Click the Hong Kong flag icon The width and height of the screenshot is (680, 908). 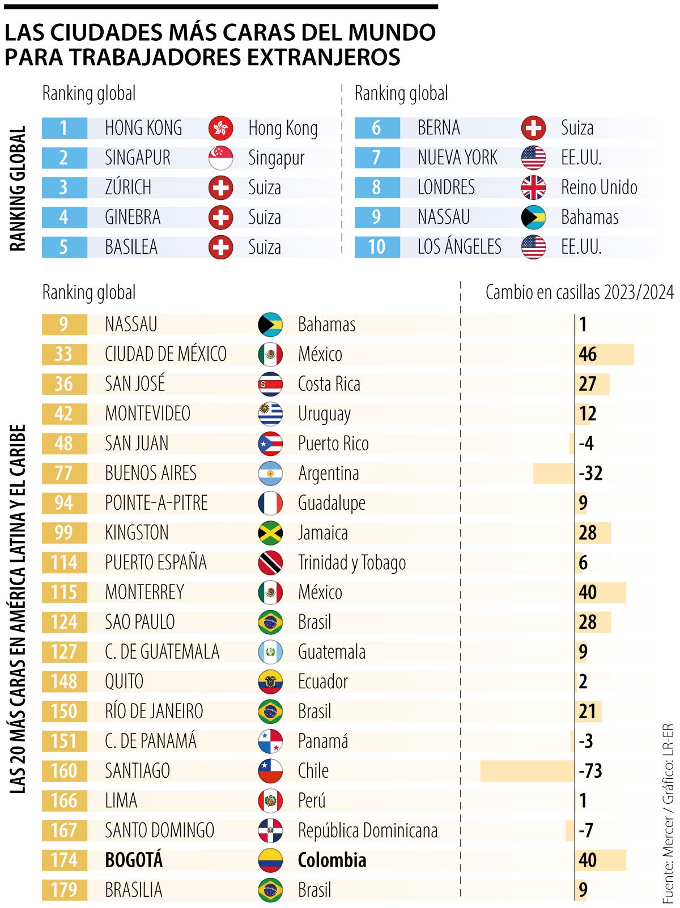click(220, 128)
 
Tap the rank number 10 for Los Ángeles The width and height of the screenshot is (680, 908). click(377, 247)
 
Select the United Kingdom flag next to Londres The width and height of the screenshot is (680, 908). click(533, 187)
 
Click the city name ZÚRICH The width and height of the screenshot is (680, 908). click(128, 187)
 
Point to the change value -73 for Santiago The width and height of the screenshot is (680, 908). click(590, 771)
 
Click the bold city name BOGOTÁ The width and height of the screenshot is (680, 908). click(134, 860)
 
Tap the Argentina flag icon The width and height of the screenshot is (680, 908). click(270, 474)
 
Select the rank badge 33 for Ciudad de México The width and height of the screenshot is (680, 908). click(64, 354)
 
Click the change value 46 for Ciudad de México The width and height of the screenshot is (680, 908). click(588, 354)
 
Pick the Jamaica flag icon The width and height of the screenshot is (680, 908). click(270, 533)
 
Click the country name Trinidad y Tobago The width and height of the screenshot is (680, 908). click(352, 563)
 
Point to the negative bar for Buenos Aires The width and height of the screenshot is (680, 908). click(553, 474)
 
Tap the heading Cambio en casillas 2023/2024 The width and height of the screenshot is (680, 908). click(579, 292)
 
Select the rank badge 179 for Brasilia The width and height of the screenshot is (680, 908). click(64, 890)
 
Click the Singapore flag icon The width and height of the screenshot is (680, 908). click(220, 158)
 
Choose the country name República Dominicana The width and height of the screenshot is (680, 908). click(368, 831)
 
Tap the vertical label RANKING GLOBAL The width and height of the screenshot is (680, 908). click(18, 188)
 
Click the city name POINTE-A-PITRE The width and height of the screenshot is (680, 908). click(156, 503)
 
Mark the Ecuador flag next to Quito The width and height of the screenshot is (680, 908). click(270, 682)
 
